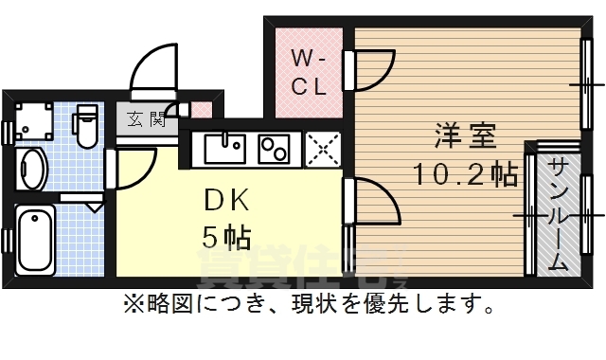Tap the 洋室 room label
click(465, 135)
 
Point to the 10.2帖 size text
click(464, 174)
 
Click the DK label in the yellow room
click(227, 200)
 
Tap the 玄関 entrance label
click(147, 119)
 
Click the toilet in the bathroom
click(86, 126)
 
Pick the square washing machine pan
click(36, 120)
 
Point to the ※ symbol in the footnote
click(131, 306)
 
